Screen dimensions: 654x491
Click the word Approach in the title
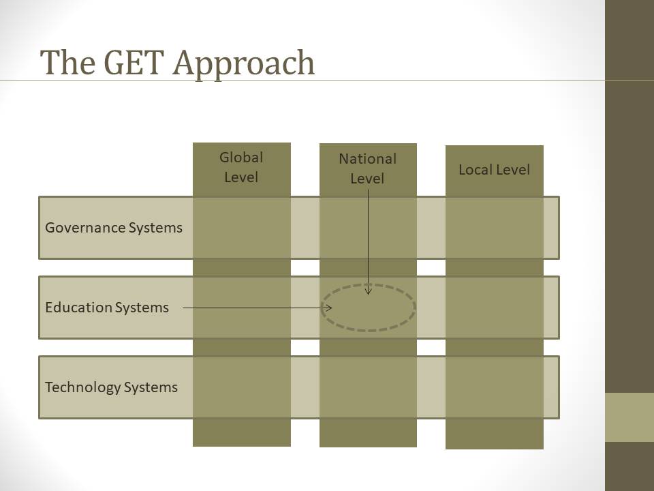tap(244, 64)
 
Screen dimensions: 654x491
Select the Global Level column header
tap(241, 168)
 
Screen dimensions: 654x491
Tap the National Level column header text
tap(367, 168)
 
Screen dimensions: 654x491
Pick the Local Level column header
tap(495, 170)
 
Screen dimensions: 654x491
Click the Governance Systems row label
tap(114, 228)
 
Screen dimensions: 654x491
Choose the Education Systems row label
tap(107, 308)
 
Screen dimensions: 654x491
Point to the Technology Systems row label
tap(111, 387)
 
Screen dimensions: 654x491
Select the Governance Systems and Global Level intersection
tap(241, 228)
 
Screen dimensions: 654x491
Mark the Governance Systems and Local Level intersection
tap(495, 228)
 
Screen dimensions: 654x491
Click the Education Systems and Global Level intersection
tap(241, 308)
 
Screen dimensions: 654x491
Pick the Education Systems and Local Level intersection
tap(495, 308)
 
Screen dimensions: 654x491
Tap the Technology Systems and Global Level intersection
tap(241, 387)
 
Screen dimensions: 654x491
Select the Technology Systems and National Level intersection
tap(368, 387)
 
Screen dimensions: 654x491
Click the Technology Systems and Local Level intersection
tap(495, 387)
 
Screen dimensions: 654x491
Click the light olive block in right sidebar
tap(629, 417)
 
